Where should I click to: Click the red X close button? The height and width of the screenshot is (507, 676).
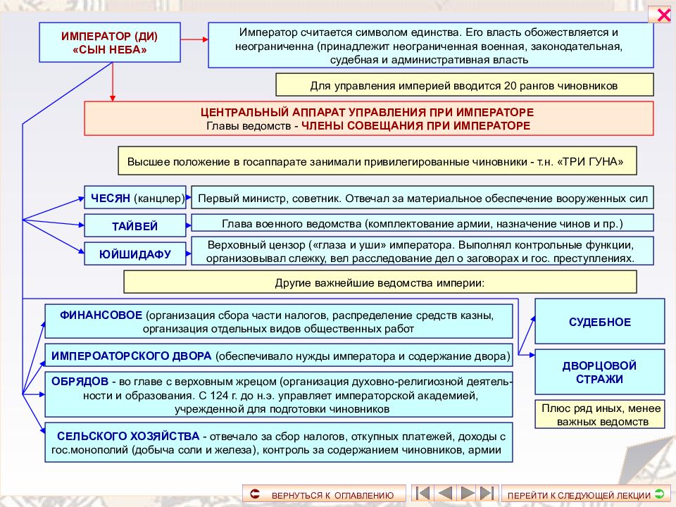pos(660,14)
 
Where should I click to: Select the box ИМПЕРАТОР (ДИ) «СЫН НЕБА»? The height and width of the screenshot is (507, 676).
pos(110,43)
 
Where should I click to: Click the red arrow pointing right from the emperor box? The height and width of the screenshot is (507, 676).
pos(194,39)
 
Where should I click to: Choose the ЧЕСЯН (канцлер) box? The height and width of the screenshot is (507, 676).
pos(135,198)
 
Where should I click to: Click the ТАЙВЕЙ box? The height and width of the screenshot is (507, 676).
pos(135,226)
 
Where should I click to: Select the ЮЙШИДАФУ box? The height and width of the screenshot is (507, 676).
pos(135,254)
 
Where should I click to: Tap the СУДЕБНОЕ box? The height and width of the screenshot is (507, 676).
pos(600,322)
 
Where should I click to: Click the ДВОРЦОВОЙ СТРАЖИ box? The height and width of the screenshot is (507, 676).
pos(600,372)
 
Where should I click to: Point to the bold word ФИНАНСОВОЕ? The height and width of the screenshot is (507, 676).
pos(101,315)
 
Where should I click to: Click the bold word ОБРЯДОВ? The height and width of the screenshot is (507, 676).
pos(80,382)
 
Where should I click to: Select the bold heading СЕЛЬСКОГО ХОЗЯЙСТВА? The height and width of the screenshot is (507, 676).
pos(128,437)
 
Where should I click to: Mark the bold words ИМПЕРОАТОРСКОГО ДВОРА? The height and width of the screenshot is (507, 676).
pos(132,356)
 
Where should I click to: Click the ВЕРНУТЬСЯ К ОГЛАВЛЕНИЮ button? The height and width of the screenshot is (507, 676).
pos(324,494)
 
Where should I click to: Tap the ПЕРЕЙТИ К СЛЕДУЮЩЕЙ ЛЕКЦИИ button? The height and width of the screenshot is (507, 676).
pos(585,494)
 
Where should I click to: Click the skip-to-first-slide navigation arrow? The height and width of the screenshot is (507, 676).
pos(423,493)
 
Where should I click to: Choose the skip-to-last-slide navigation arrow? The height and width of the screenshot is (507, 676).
pos(487,493)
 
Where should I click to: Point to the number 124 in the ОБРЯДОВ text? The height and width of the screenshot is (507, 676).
pos(219,395)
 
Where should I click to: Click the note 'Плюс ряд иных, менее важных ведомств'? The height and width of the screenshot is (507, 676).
pos(600,414)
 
